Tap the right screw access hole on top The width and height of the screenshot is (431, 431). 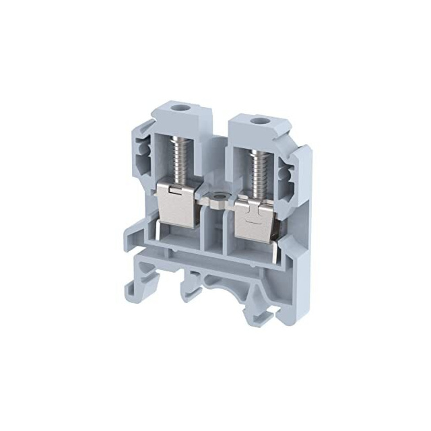pos(256,122)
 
